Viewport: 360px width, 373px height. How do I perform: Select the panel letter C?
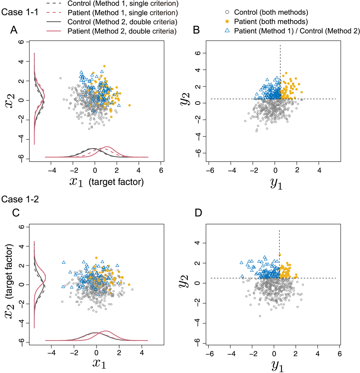[x=15, y=213]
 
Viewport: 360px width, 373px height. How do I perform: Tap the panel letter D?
[x=199, y=213]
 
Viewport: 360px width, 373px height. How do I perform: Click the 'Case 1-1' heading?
[x=19, y=12]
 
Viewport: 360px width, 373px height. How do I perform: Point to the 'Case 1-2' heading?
[x=20, y=199]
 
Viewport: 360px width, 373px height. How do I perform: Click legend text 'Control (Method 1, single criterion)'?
[x=123, y=4]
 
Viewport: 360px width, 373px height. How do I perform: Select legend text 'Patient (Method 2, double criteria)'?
[x=122, y=31]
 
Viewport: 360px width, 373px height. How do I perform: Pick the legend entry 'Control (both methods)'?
[x=271, y=12]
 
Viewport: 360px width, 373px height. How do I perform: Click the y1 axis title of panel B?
[x=276, y=183]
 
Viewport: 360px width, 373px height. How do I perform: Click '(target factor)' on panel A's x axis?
[x=116, y=182]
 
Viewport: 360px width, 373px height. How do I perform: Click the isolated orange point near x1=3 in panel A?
[x=129, y=105]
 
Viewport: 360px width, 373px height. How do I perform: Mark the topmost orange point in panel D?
[x=280, y=255]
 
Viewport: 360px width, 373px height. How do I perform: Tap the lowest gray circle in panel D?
[x=260, y=316]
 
